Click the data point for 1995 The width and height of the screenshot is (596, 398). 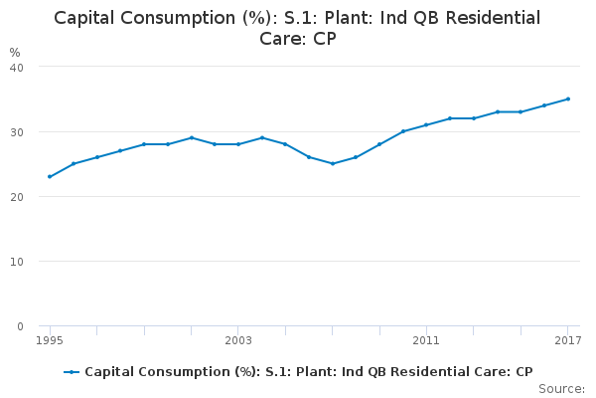(50, 177)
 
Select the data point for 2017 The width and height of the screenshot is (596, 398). (568, 99)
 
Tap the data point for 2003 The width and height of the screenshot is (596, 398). (238, 144)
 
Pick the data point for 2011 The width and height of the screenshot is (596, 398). (426, 124)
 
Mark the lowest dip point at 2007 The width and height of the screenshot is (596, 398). (333, 163)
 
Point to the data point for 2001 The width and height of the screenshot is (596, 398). (192, 137)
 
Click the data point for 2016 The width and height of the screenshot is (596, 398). (544, 105)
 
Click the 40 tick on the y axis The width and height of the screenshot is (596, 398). (17, 67)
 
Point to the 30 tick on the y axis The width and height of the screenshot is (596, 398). (17, 131)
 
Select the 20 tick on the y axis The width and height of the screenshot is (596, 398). (17, 196)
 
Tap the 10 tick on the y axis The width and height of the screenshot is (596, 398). (17, 262)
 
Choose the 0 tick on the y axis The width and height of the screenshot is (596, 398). (20, 326)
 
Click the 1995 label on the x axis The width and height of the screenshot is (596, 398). (50, 341)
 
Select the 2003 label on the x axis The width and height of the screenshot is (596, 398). (238, 341)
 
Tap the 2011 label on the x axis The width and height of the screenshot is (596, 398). (426, 341)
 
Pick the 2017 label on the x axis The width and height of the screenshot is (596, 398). (567, 341)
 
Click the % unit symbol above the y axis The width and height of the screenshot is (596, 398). (15, 52)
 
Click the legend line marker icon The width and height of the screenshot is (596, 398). (72, 372)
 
